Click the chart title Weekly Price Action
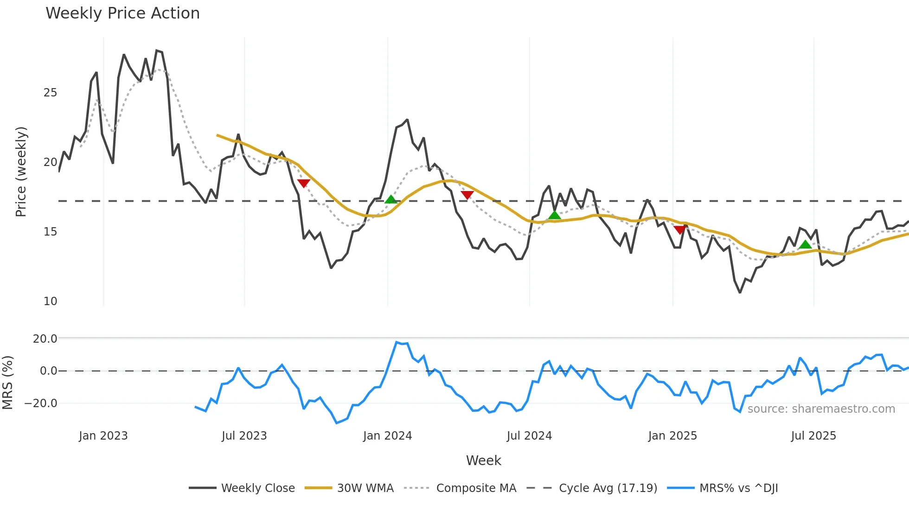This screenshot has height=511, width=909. tap(122, 13)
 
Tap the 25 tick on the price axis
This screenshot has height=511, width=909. tap(50, 93)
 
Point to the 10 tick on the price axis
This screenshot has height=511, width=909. tap(50, 301)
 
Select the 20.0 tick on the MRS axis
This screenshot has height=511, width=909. tap(45, 339)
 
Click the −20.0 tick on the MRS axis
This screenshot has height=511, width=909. tap(41, 403)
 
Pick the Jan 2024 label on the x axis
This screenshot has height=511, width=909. tap(387, 436)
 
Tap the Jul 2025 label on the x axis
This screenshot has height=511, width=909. tap(813, 436)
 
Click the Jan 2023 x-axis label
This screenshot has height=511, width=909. tap(103, 436)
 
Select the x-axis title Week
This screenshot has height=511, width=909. tap(483, 460)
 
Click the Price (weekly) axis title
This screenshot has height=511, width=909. tap(21, 172)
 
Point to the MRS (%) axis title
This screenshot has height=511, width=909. tap(7, 383)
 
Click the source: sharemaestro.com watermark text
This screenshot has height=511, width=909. tap(821, 409)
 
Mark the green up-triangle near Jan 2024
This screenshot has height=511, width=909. tap(391, 199)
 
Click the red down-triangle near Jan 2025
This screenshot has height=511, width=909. tap(680, 230)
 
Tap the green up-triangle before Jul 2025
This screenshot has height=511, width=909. tap(805, 244)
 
